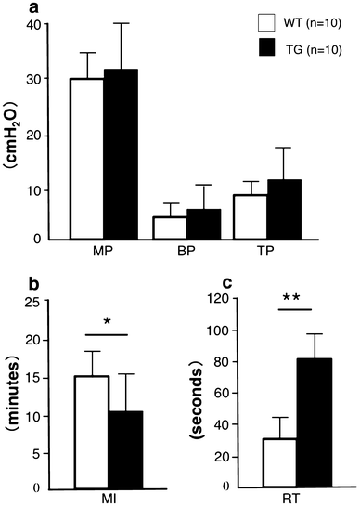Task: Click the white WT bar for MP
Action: click(88, 159)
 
